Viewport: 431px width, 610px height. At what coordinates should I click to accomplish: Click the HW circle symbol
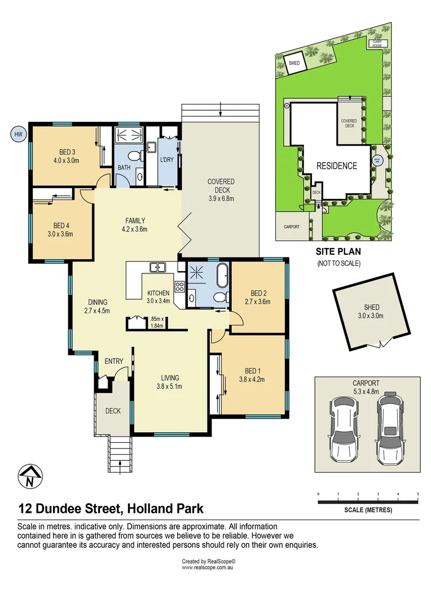[x=19, y=134]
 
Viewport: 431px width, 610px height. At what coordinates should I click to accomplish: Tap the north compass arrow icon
[x=29, y=477]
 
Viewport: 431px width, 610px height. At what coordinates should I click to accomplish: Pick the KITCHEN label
[x=159, y=297]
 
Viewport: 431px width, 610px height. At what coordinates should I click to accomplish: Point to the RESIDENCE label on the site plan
[x=336, y=165]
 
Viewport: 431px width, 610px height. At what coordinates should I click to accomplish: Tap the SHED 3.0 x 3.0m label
[x=372, y=311]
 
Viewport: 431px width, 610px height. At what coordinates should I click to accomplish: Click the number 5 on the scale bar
[x=417, y=494]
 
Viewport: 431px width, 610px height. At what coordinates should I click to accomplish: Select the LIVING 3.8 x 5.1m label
[x=170, y=382]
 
